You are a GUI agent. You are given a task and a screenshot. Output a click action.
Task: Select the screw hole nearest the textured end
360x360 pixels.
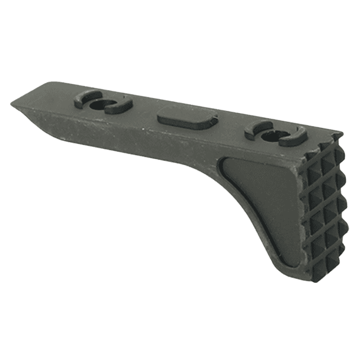pyautogui.click(x=276, y=133)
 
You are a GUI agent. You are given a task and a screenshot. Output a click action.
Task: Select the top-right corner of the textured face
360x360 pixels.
pyautogui.click(x=340, y=136)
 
